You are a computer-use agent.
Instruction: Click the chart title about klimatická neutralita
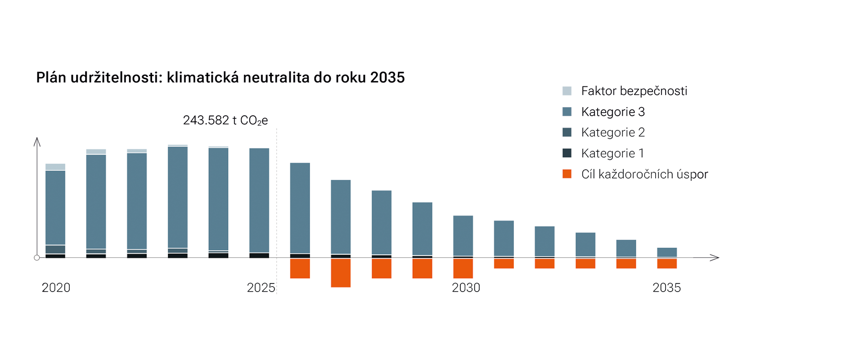220,77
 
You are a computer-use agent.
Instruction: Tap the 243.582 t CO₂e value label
225,121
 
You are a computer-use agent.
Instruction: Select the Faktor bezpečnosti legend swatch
567,91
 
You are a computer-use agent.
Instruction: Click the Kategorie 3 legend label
613,112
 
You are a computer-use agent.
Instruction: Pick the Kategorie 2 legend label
613,132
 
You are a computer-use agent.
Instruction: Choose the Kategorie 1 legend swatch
567,153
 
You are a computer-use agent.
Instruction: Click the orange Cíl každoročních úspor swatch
567,174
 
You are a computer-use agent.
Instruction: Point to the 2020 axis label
56,288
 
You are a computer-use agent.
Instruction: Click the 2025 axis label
261,288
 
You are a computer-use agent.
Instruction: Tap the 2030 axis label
466,288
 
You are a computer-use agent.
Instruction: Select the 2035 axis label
667,288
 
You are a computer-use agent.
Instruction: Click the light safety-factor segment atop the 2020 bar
55,167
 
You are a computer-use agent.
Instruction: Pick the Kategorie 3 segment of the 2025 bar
259,200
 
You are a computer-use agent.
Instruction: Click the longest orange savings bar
341,273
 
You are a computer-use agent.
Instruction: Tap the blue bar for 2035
667,252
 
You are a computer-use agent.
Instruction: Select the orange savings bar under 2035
667,264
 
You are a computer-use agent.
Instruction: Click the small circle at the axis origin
37,257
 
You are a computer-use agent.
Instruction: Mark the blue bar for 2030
463,236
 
